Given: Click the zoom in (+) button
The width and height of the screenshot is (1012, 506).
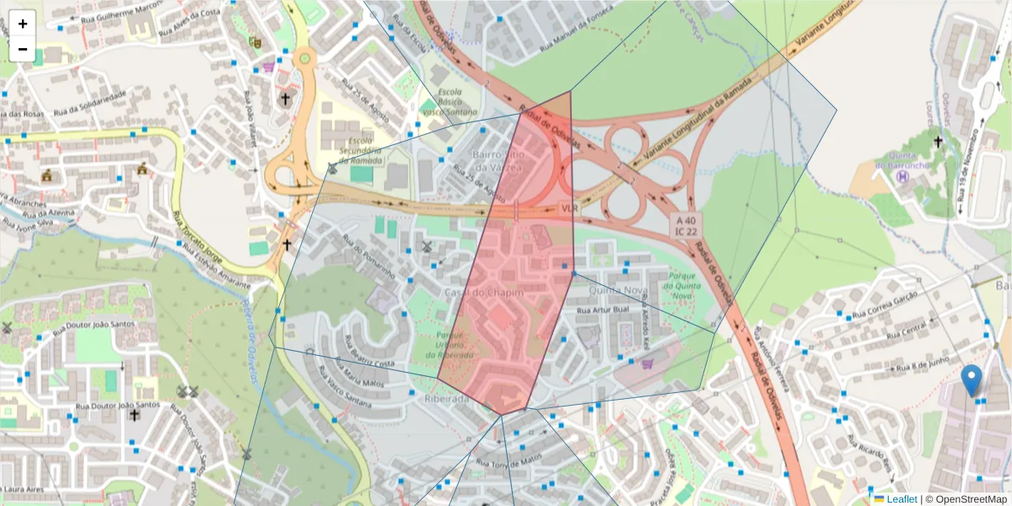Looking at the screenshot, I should pos(23,24).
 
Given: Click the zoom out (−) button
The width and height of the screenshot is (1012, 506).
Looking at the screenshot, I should pos(23,49).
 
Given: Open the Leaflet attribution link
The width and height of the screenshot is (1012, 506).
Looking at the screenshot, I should pos(902,499).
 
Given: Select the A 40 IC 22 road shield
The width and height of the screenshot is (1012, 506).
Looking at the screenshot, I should pos(686,226).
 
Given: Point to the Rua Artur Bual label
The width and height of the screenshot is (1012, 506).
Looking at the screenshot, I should pos(604,310).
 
